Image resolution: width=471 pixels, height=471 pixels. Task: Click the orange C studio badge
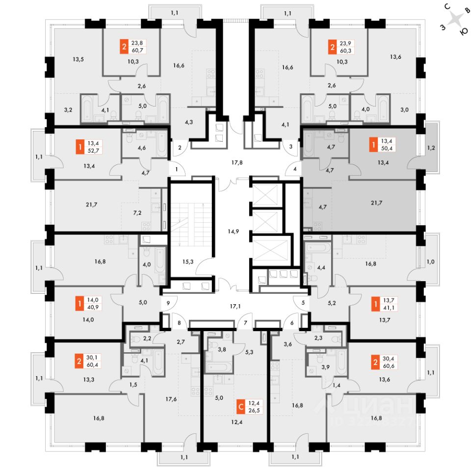click(241, 407)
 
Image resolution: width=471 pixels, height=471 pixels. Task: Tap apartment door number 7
click(245, 323)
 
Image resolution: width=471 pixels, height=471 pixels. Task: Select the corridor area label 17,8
click(237, 162)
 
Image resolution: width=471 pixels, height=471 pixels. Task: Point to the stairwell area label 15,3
click(188, 262)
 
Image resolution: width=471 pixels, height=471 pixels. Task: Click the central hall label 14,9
click(234, 231)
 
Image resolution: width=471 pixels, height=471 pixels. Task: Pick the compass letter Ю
click(464, 32)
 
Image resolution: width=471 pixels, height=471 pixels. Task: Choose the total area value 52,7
click(93, 151)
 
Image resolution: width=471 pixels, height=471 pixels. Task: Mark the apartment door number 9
click(168, 303)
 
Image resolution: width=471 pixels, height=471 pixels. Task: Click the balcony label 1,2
click(431, 148)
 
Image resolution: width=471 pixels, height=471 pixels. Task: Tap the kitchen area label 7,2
click(137, 212)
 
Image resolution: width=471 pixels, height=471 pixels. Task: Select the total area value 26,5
click(254, 410)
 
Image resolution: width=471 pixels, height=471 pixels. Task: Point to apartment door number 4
click(295, 169)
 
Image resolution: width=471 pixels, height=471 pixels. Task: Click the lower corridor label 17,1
click(235, 306)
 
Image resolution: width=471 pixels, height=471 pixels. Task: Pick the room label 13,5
click(78, 59)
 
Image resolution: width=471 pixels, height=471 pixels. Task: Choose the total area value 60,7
click(137, 50)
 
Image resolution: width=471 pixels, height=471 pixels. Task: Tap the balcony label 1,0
click(431, 262)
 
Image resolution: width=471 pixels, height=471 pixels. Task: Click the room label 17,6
click(171, 399)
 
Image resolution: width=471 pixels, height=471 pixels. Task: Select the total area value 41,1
click(389, 308)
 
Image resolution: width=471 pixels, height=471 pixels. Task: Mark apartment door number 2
click(180, 147)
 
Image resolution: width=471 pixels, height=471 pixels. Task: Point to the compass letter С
click(447, 6)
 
